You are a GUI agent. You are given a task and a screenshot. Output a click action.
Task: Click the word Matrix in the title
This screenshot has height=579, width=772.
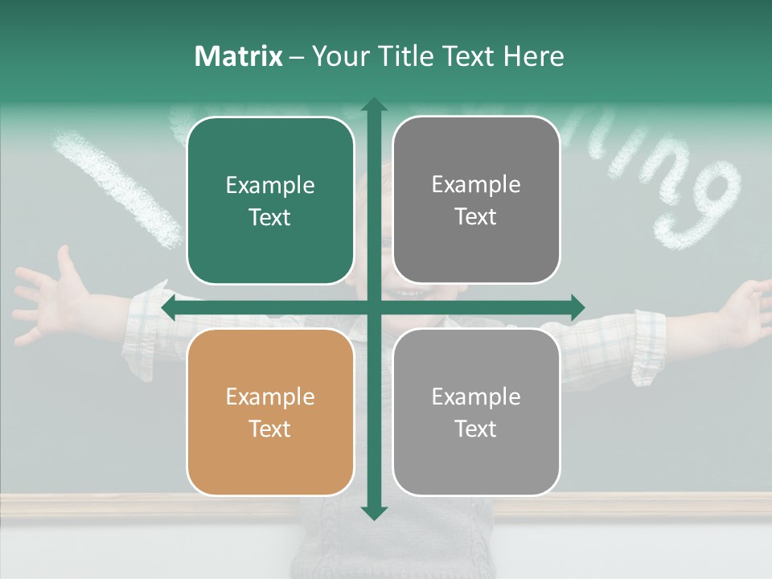(x=238, y=56)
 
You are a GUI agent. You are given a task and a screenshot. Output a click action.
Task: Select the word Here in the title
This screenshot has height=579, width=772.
(x=533, y=56)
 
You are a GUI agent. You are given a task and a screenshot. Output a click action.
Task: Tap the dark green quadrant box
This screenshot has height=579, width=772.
(x=270, y=200)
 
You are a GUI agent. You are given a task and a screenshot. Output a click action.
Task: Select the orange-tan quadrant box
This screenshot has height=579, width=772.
(x=270, y=412)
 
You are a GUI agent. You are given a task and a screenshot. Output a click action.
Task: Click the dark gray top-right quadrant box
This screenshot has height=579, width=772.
(x=476, y=199)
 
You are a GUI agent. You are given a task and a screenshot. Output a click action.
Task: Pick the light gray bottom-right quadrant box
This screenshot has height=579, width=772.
(x=476, y=412)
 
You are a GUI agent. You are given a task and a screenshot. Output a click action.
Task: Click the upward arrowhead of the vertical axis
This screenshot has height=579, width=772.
(x=373, y=105)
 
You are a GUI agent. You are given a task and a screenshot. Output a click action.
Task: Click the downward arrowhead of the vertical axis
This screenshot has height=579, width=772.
(x=373, y=512)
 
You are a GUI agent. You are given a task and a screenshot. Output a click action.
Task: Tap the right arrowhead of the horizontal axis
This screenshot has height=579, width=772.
(x=577, y=307)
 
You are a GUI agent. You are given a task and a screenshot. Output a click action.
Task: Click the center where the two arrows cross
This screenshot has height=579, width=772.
(x=373, y=307)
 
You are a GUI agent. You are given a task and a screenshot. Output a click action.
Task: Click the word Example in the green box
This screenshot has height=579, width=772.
(x=270, y=186)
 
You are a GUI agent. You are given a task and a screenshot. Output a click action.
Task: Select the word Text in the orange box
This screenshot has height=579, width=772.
(x=270, y=429)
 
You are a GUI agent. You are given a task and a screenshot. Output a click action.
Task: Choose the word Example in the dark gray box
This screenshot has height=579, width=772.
(x=476, y=185)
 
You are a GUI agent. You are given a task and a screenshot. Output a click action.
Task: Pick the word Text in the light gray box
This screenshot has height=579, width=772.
(x=476, y=429)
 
